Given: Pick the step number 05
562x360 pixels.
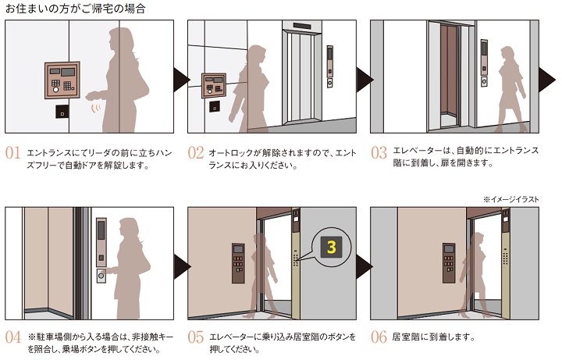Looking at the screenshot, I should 196,338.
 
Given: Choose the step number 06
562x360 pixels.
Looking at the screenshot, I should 379,338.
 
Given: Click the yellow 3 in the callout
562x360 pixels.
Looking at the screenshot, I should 332,248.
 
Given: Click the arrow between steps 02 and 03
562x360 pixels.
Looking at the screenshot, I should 362,77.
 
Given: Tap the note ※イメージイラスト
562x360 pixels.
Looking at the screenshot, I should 511,199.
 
